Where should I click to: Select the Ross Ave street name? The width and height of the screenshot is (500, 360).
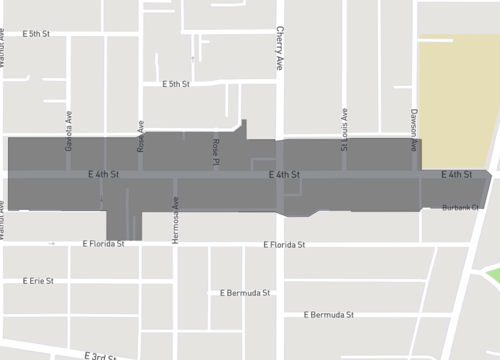[141, 137]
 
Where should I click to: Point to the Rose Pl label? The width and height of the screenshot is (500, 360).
[215, 152]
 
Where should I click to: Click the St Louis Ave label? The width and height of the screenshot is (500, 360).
[344, 130]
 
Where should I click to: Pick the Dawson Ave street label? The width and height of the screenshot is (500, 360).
[413, 130]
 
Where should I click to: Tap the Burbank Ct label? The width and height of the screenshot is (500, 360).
[462, 207]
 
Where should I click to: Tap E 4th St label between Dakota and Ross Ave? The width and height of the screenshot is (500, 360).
[103, 175]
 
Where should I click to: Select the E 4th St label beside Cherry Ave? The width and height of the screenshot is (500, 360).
[285, 175]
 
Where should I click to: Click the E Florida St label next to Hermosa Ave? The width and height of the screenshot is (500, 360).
[103, 244]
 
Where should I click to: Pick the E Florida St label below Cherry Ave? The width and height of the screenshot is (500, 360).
[284, 245]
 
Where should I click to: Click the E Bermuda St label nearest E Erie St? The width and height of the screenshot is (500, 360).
[245, 293]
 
